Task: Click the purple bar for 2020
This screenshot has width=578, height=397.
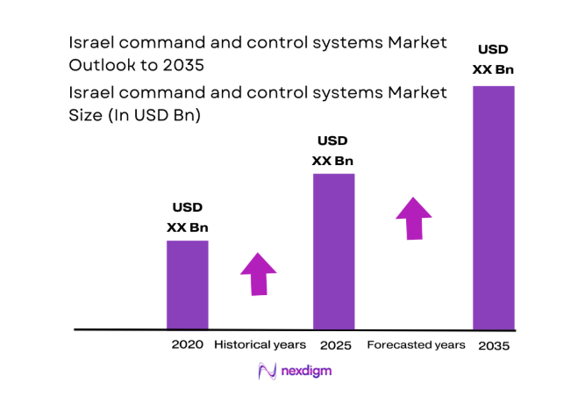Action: point(188,285)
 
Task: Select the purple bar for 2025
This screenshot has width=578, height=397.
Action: point(333,251)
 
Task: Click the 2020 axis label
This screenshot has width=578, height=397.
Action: point(188,345)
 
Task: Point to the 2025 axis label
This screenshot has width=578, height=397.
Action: point(335,345)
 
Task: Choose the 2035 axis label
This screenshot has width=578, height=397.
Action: point(494,346)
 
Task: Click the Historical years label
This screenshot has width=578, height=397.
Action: point(260,345)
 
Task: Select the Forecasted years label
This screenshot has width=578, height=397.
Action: point(416,345)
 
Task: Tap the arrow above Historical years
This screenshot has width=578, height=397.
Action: point(260,274)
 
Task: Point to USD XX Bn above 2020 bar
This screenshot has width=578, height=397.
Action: point(188,218)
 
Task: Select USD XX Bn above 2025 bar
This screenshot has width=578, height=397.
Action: point(333,150)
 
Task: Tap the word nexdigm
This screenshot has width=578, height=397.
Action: point(306,372)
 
